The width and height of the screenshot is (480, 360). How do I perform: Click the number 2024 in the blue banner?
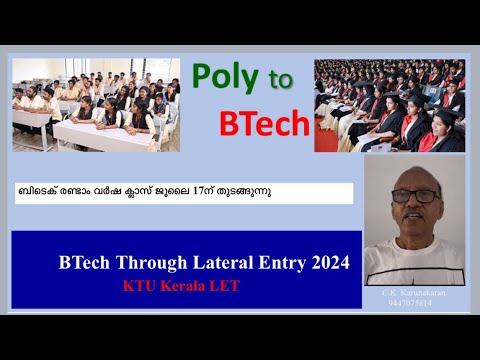327,264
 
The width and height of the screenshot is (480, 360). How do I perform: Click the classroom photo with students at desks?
96,105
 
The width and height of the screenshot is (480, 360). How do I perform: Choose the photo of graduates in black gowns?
389,105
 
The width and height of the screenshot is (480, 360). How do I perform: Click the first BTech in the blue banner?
78,264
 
